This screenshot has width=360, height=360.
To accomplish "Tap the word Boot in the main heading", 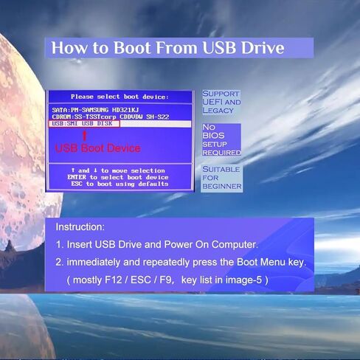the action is click(132, 47).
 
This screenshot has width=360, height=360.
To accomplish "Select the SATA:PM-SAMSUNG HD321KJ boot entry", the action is click(95, 110).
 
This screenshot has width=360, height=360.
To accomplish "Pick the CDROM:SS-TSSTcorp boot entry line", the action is click(111, 117).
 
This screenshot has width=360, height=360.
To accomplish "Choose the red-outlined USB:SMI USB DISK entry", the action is click(84, 124).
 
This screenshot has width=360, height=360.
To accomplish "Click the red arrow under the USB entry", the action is click(84, 136).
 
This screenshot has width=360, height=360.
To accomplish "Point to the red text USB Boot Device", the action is click(98, 148).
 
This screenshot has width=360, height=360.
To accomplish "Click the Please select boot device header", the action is click(120, 97).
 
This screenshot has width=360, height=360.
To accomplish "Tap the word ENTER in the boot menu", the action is click(77, 177).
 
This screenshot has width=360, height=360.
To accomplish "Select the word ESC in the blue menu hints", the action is click(77, 184).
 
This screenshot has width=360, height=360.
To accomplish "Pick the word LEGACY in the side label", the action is click(218, 111).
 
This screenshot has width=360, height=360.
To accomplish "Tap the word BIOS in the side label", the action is click(213, 136).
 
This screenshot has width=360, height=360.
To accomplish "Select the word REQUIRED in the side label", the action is click(221, 153).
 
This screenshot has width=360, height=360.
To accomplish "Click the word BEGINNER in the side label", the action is click(222, 186).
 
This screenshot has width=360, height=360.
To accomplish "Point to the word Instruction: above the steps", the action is click(80, 226).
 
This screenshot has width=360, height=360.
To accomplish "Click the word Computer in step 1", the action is click(235, 244).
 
